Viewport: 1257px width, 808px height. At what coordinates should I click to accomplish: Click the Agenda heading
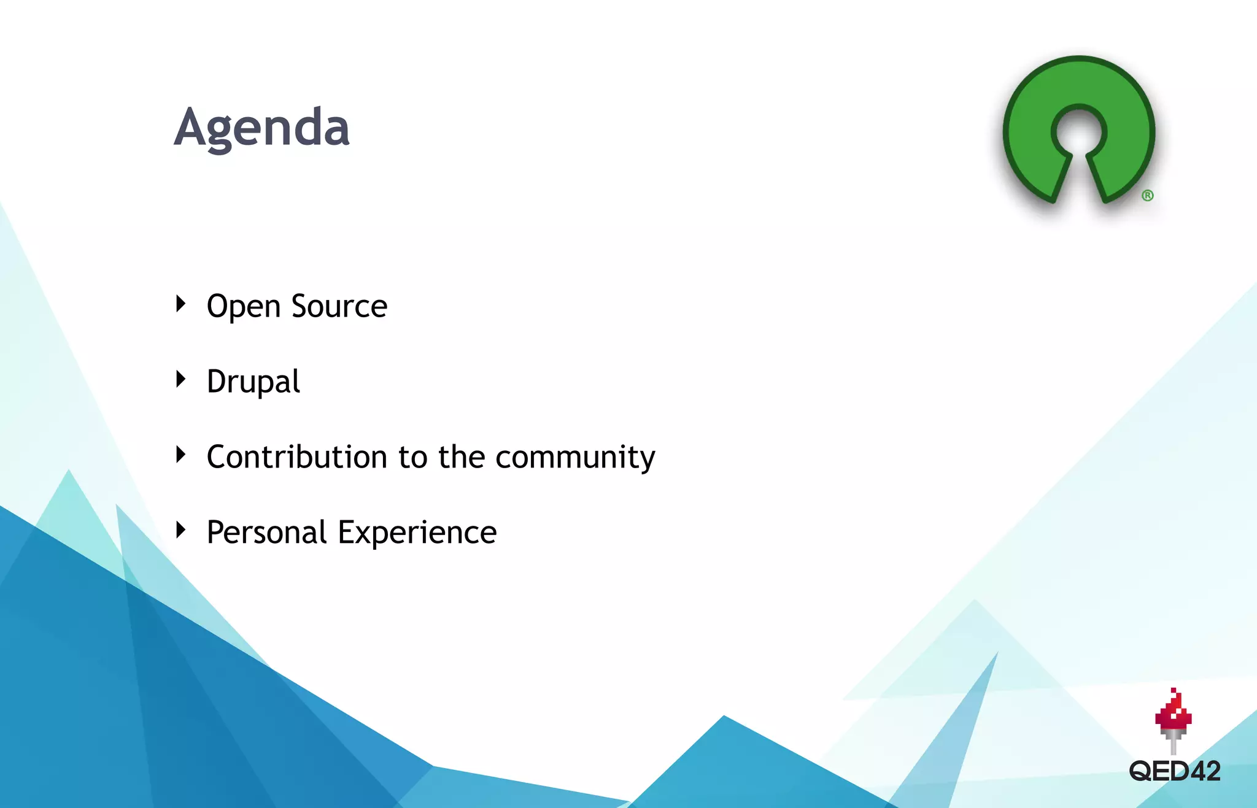[261, 128]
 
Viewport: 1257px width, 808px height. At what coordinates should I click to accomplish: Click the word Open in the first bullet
[243, 306]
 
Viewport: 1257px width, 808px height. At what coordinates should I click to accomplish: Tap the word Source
[339, 306]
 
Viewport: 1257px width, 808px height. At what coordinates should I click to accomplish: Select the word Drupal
[253, 382]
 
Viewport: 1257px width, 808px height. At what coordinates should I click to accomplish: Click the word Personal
[266, 532]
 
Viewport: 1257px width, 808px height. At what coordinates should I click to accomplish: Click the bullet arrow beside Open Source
[180, 303]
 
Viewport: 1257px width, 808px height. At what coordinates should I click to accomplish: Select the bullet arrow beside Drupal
[180, 379]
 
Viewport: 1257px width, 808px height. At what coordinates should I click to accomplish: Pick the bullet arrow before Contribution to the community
[180, 454]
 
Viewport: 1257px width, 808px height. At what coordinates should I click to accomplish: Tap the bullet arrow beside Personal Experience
[180, 529]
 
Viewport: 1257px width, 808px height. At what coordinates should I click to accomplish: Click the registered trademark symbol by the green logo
[1147, 196]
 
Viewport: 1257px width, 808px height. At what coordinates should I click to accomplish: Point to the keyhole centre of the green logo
[1078, 133]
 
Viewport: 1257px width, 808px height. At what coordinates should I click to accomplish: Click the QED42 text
[1174, 771]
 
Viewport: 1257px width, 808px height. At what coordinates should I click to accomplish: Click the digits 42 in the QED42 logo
[1205, 771]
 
